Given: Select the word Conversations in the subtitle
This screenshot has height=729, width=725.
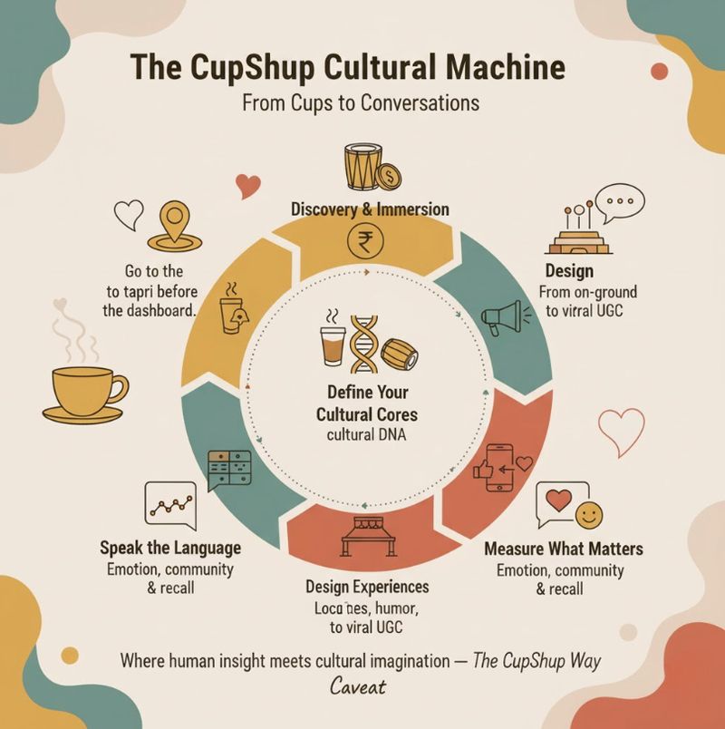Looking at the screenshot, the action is tap(420, 102).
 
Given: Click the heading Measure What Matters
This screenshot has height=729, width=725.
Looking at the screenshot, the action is tap(564, 549).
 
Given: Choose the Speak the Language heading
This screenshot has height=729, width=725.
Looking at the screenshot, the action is tap(170, 548).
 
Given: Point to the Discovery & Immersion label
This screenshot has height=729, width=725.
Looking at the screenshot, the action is tap(370, 209).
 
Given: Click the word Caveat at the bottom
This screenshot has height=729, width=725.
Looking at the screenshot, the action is tap(358, 686).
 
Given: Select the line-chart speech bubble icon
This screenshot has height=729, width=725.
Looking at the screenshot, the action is tap(169, 506).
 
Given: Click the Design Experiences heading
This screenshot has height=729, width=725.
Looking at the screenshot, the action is tap(367, 587).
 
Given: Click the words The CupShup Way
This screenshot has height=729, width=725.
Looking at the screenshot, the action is tap(537, 661).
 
